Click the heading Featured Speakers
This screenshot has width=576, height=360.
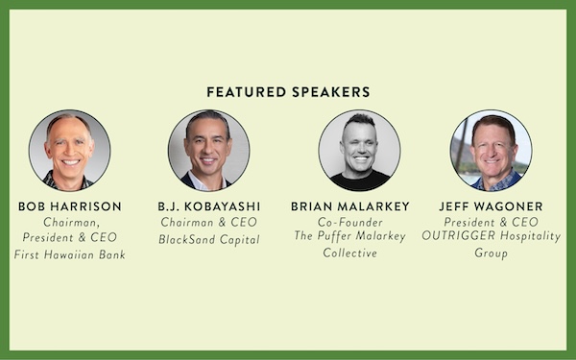click(288, 92)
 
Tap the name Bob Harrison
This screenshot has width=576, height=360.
click(70, 206)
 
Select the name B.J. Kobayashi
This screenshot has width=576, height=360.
click(209, 206)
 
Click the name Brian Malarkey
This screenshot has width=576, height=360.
click(350, 206)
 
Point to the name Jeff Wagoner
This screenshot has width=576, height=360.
click(491, 206)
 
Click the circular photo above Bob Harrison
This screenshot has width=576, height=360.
click(69, 151)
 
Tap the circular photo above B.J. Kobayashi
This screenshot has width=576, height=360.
click(208, 151)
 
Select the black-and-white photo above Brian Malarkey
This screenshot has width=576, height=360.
click(360, 151)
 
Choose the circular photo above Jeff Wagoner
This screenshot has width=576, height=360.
click(491, 151)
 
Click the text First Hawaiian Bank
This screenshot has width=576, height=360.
click(70, 254)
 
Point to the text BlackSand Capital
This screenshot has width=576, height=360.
click(209, 239)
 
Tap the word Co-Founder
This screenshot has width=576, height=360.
click(350, 223)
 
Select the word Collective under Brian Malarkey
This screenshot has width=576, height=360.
click(350, 252)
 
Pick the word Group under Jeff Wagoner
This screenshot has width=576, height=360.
click(491, 253)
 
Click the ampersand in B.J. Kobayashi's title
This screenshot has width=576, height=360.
click(223, 223)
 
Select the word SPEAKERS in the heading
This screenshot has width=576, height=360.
click(331, 92)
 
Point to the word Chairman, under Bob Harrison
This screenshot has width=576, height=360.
click(72, 223)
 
